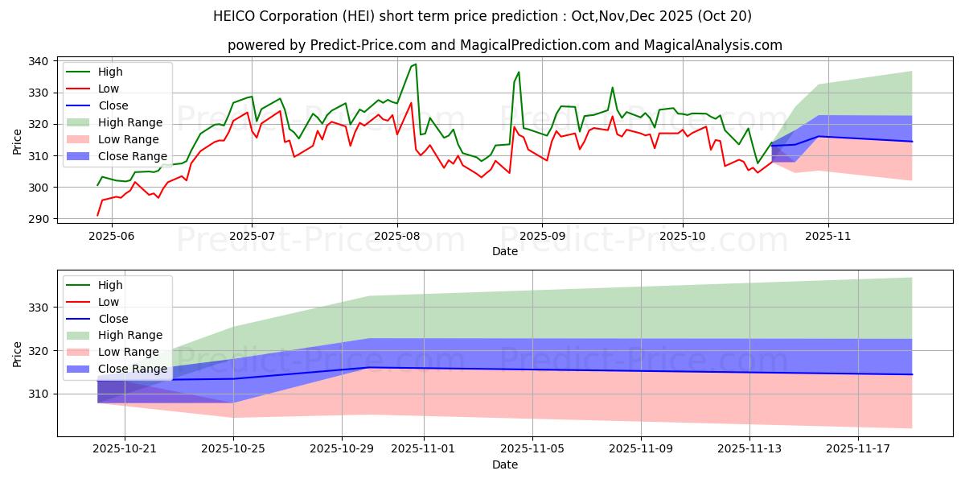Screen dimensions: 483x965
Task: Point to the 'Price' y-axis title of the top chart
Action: tap(18, 140)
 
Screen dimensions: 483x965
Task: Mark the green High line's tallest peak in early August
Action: tap(415, 64)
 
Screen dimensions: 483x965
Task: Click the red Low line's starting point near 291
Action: tap(98, 215)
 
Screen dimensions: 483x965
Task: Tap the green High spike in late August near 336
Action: tap(519, 72)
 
